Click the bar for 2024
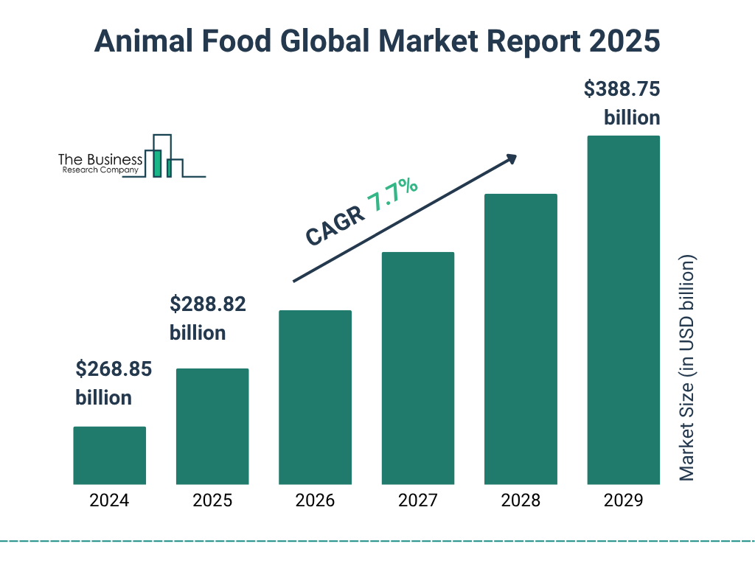tap(109, 455)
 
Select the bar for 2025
tap(212, 426)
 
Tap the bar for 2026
tap(315, 397)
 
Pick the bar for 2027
tap(417, 368)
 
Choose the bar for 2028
tap(521, 339)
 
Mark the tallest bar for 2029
tap(623, 310)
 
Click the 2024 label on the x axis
tap(109, 501)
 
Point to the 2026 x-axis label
tap(315, 501)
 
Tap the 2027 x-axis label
tap(417, 501)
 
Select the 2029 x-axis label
tap(623, 501)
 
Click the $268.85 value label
tap(114, 369)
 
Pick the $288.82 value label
tap(208, 304)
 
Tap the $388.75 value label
tap(622, 89)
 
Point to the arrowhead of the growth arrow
tap(509, 159)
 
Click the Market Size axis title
tap(687, 368)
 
